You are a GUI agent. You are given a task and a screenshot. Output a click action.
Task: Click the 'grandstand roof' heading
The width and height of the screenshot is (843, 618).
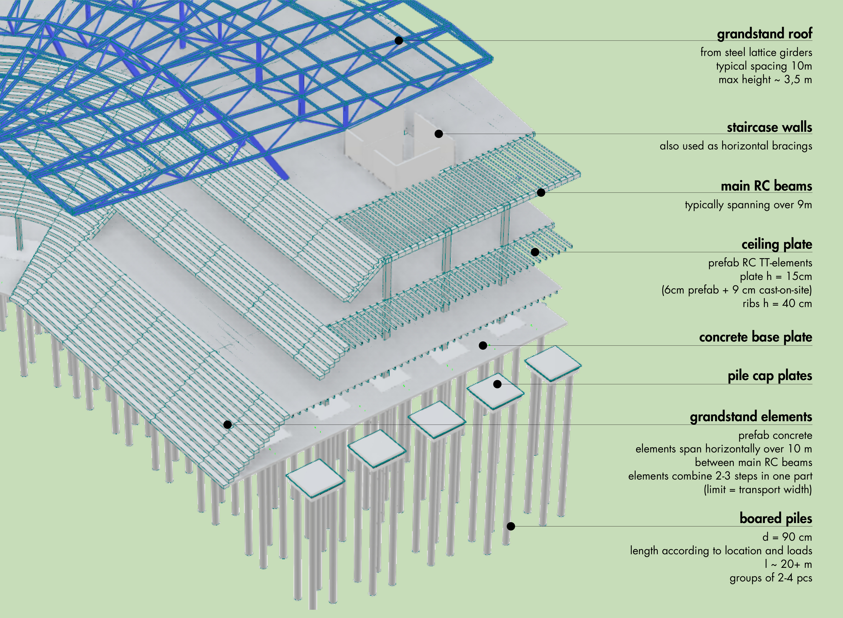(764, 34)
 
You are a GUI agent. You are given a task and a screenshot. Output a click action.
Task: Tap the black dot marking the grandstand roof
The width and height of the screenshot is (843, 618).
(399, 40)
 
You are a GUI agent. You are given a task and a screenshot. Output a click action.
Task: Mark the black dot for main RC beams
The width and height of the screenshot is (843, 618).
(541, 193)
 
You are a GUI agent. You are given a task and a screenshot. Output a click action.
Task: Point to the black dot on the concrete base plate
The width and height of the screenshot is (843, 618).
(483, 345)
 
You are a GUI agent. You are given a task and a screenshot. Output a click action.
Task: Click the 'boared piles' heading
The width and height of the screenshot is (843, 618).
(775, 519)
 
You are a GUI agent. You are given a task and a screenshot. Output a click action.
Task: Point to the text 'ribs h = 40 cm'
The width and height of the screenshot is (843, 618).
(777, 303)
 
